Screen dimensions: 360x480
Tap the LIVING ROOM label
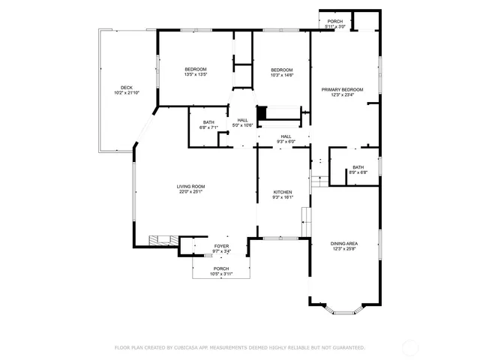pos(190,189)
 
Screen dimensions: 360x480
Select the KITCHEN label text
pos(283,194)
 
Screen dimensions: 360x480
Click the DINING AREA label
pos(344,246)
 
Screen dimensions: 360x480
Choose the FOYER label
pos(221,248)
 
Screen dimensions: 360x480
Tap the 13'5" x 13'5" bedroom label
pos(195,72)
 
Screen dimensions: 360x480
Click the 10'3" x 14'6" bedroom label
pos(282,72)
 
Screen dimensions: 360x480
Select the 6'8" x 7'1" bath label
pos(208,125)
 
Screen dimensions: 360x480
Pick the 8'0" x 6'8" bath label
pos(358,170)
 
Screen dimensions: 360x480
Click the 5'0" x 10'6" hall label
pos(243,122)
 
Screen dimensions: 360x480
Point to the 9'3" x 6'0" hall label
pos(286,139)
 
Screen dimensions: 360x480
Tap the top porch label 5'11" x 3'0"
pos(334,24)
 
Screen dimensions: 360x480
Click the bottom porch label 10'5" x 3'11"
pos(221,271)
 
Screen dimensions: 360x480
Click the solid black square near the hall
pos(262,112)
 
